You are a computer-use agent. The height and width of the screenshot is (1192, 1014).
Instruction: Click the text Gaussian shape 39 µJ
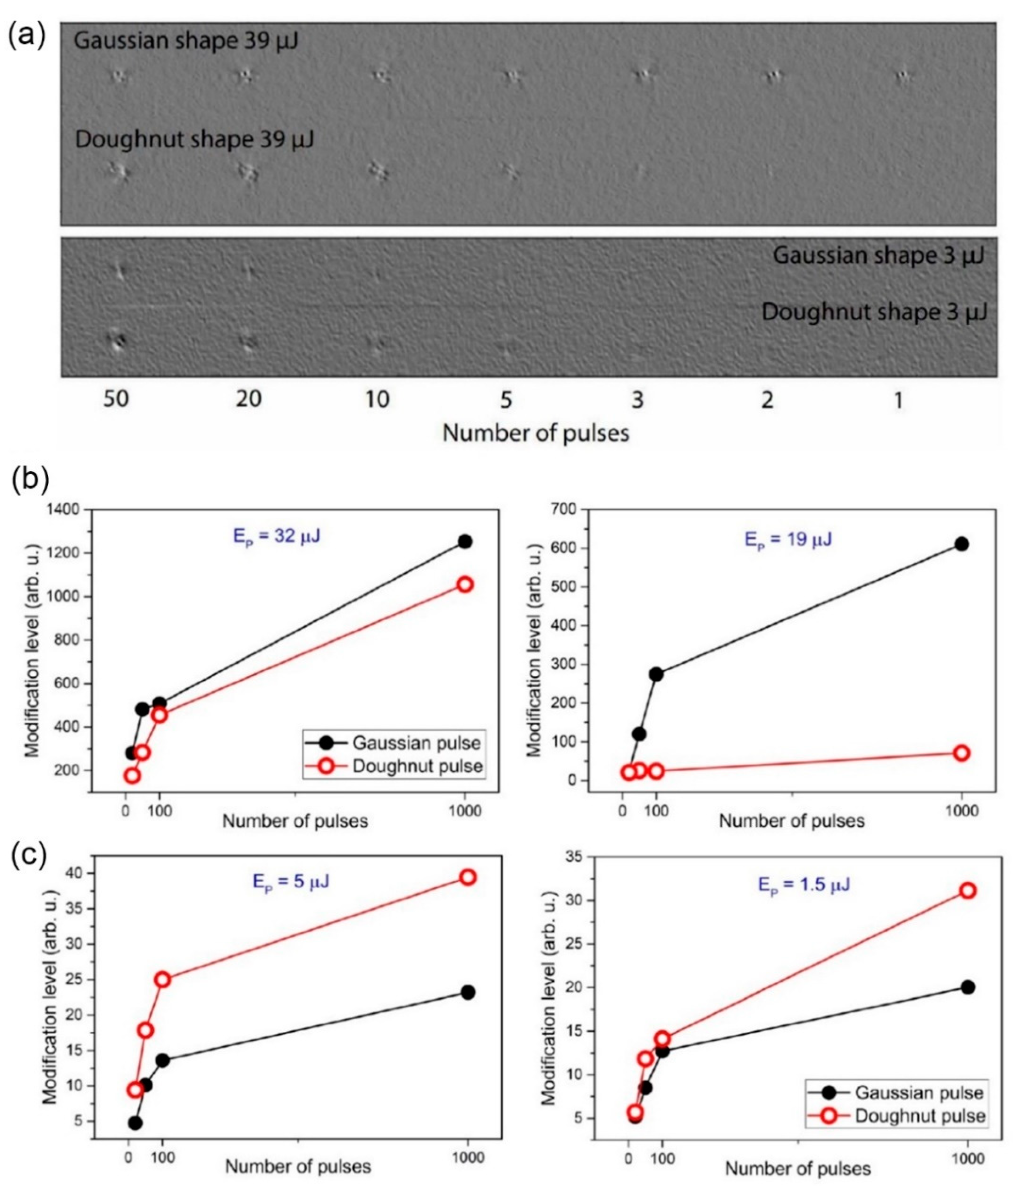click(186, 41)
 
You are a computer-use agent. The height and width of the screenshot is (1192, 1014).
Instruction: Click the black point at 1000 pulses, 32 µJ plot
click(464, 541)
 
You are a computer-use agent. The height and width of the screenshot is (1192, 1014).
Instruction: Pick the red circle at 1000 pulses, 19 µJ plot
click(962, 753)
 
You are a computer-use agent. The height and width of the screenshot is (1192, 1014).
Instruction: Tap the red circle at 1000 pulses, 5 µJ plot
click(467, 877)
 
